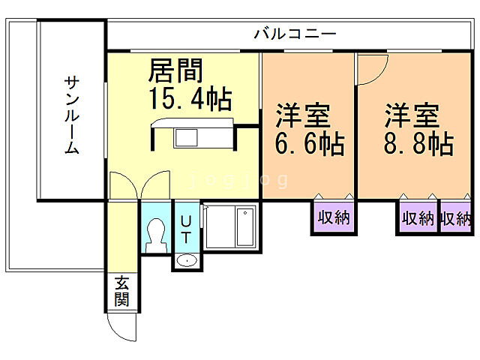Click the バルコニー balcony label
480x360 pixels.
[x=295, y=34]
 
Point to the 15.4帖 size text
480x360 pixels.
[x=190, y=98]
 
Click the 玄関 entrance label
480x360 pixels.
[x=121, y=292]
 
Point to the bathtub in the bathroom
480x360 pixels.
[x=246, y=227]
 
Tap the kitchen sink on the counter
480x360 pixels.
[x=186, y=139]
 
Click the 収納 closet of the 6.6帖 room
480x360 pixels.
[x=333, y=218]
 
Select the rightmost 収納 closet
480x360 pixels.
[x=456, y=219]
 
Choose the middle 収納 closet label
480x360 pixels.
[x=418, y=219]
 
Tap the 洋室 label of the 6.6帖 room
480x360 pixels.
[x=303, y=116]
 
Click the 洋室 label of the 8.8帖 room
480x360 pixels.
[x=412, y=116]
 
